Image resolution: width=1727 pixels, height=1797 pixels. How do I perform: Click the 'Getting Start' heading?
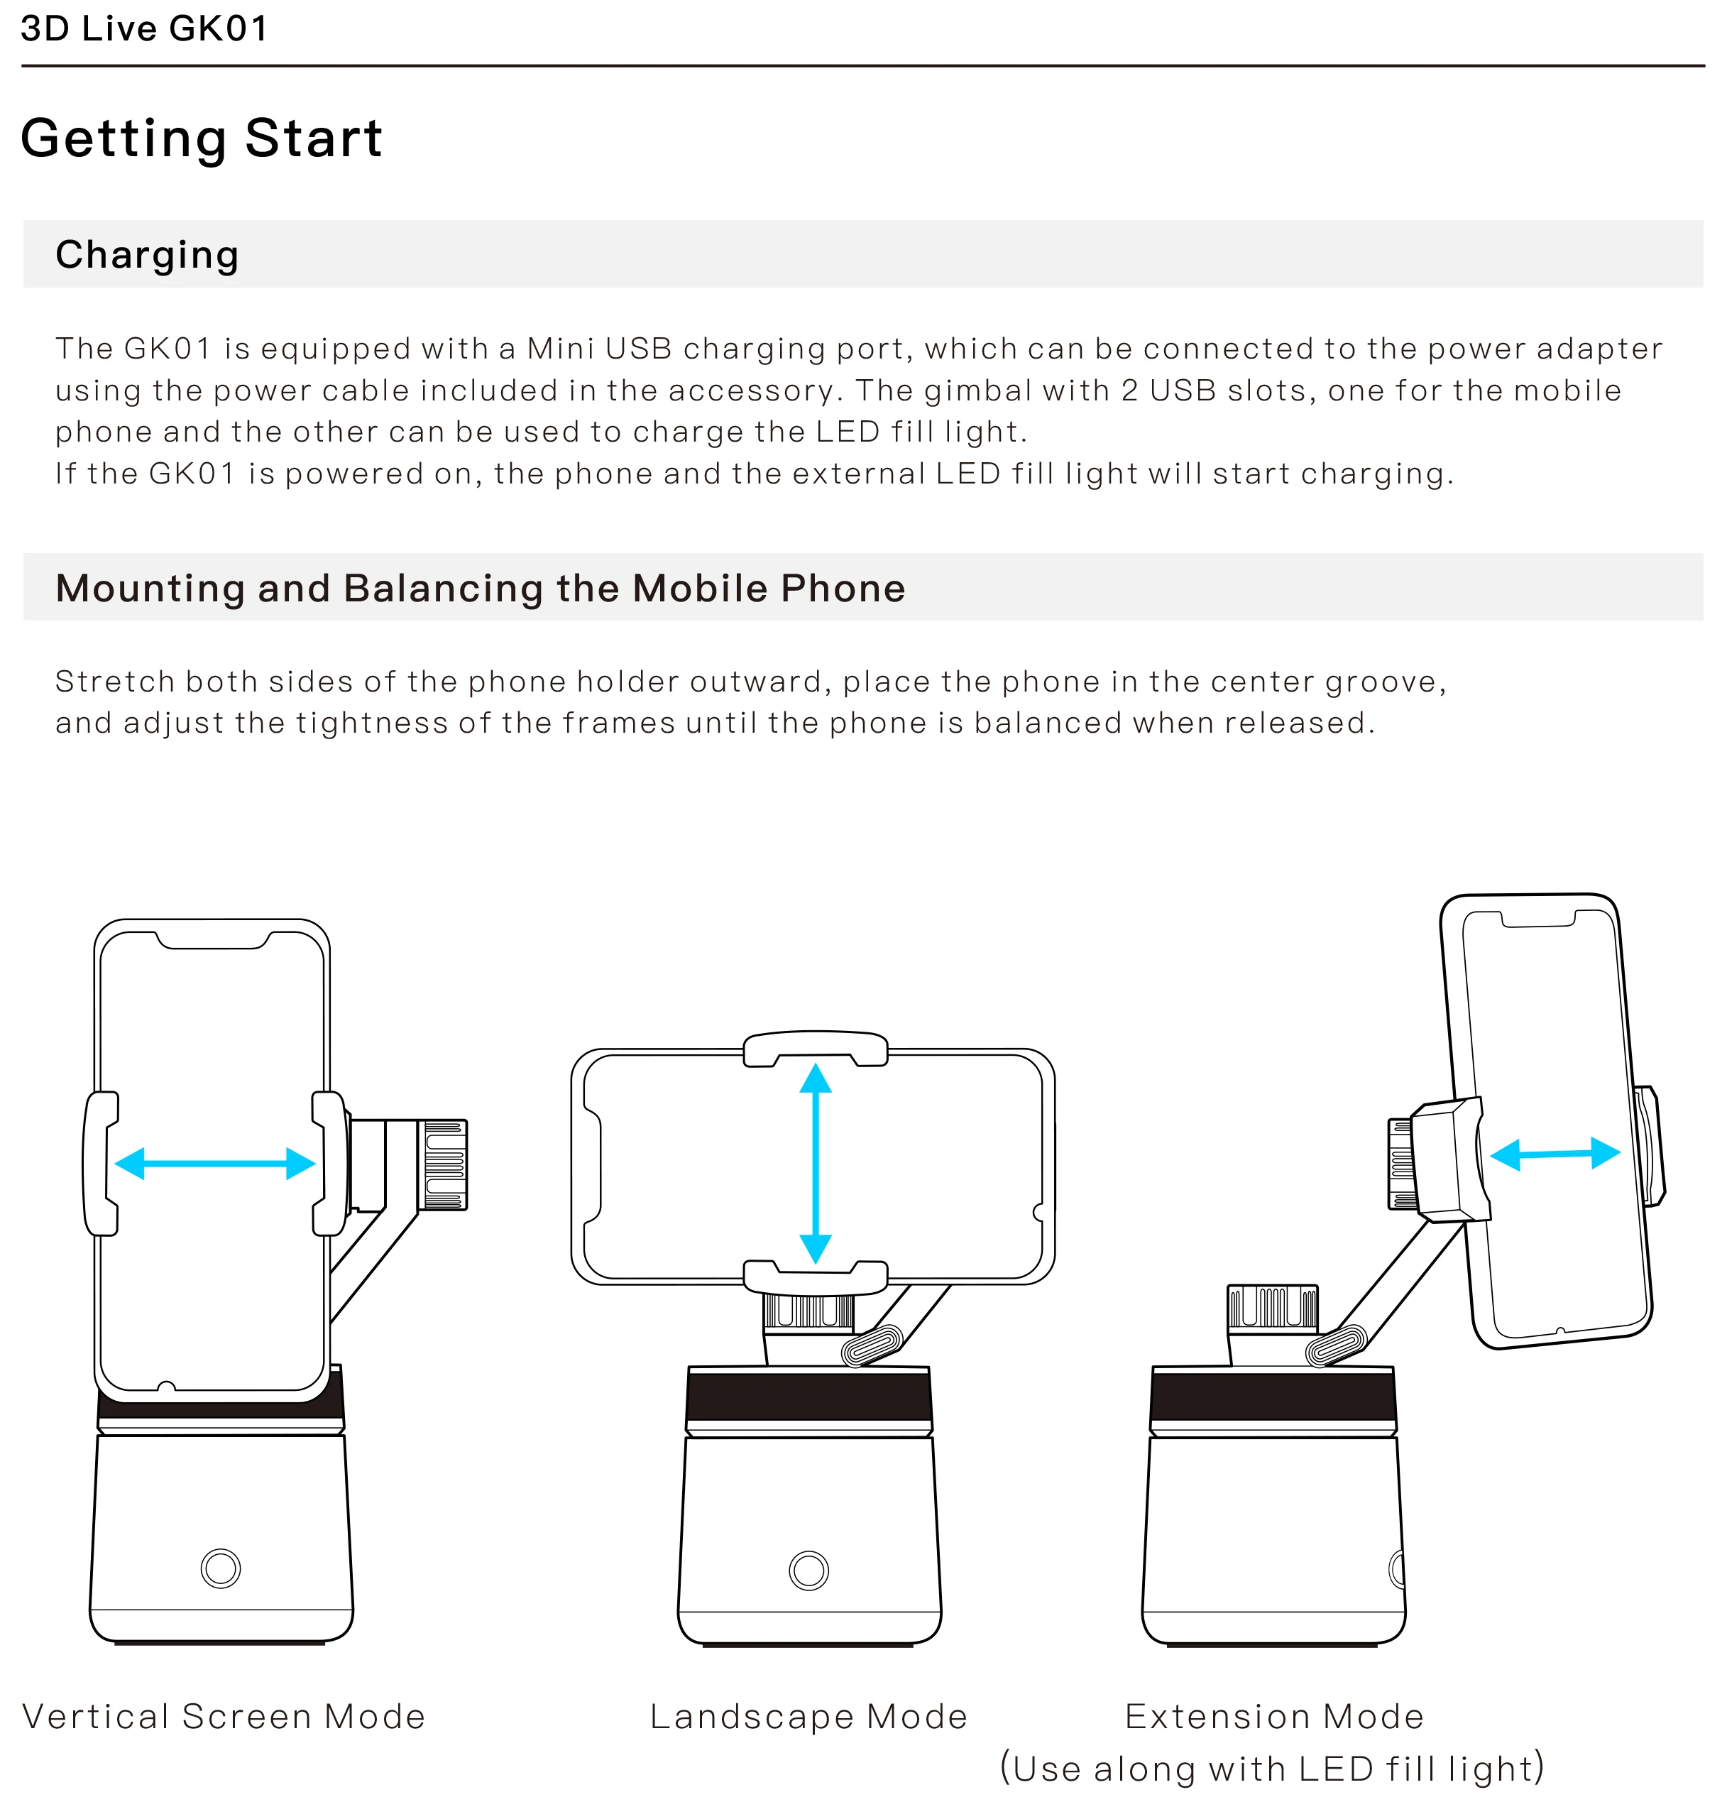pos(201,138)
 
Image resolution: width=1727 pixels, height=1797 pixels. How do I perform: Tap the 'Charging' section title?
pos(147,254)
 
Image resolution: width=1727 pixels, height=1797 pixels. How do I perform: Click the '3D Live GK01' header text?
pos(144,28)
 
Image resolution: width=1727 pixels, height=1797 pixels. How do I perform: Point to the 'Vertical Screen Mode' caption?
pos(224,1716)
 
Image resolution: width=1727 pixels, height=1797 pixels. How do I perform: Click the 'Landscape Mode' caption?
pos(808,1716)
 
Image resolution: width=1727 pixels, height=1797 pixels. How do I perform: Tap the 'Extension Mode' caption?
pos(1274,1716)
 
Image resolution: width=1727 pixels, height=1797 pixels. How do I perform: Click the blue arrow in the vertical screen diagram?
pos(214,1164)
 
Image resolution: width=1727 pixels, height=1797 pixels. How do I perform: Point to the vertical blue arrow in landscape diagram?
pos(815,1164)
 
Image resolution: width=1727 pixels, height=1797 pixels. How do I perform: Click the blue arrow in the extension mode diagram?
pos(1555,1153)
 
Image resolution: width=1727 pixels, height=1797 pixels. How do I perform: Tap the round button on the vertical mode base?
pos(220,1568)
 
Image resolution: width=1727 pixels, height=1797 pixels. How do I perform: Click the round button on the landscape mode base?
pos(808,1570)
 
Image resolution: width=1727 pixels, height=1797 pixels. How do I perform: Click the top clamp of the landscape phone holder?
pos(815,1048)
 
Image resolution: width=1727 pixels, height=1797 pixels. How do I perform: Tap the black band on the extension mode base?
pos(1273,1397)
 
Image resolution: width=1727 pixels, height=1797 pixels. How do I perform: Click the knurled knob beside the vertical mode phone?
pos(444,1164)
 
